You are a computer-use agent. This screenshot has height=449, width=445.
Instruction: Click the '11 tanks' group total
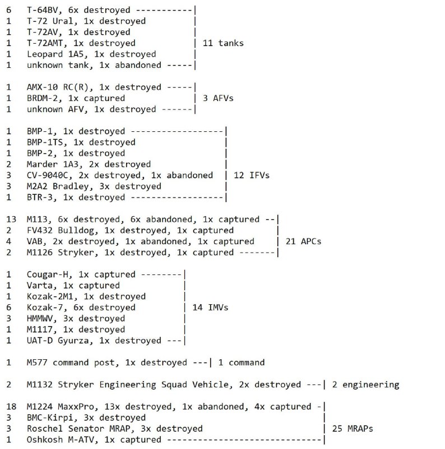click(223, 43)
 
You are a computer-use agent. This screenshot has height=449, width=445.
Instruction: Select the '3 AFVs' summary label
click(218, 98)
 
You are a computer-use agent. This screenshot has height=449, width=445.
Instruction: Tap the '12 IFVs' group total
click(252, 175)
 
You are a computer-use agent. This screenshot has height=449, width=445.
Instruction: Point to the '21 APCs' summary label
click(303, 241)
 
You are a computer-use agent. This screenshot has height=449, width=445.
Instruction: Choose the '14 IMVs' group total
click(210, 308)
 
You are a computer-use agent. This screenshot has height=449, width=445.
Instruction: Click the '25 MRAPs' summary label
click(353, 429)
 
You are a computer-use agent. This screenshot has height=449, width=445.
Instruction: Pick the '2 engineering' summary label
click(366, 385)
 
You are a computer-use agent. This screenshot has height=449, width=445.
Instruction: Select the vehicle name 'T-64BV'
click(43, 10)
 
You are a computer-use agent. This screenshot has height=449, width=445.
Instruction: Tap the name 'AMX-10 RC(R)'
click(58, 87)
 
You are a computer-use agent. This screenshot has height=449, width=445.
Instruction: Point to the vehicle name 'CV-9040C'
click(48, 175)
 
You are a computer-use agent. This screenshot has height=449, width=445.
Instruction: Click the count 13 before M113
click(11, 219)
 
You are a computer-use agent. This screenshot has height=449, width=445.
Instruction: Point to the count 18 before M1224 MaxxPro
click(11, 406)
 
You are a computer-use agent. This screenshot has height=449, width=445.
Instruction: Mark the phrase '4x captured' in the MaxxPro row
click(282, 407)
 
